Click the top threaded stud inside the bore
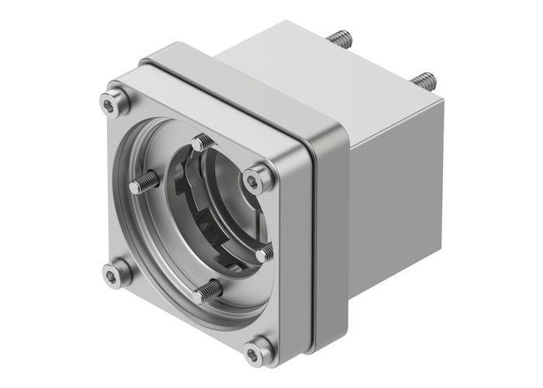click(x=202, y=143)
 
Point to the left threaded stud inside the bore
click(x=146, y=183)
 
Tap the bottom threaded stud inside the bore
click(x=207, y=292)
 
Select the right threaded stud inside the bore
click(x=264, y=252)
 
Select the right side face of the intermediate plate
click(x=330, y=233)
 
